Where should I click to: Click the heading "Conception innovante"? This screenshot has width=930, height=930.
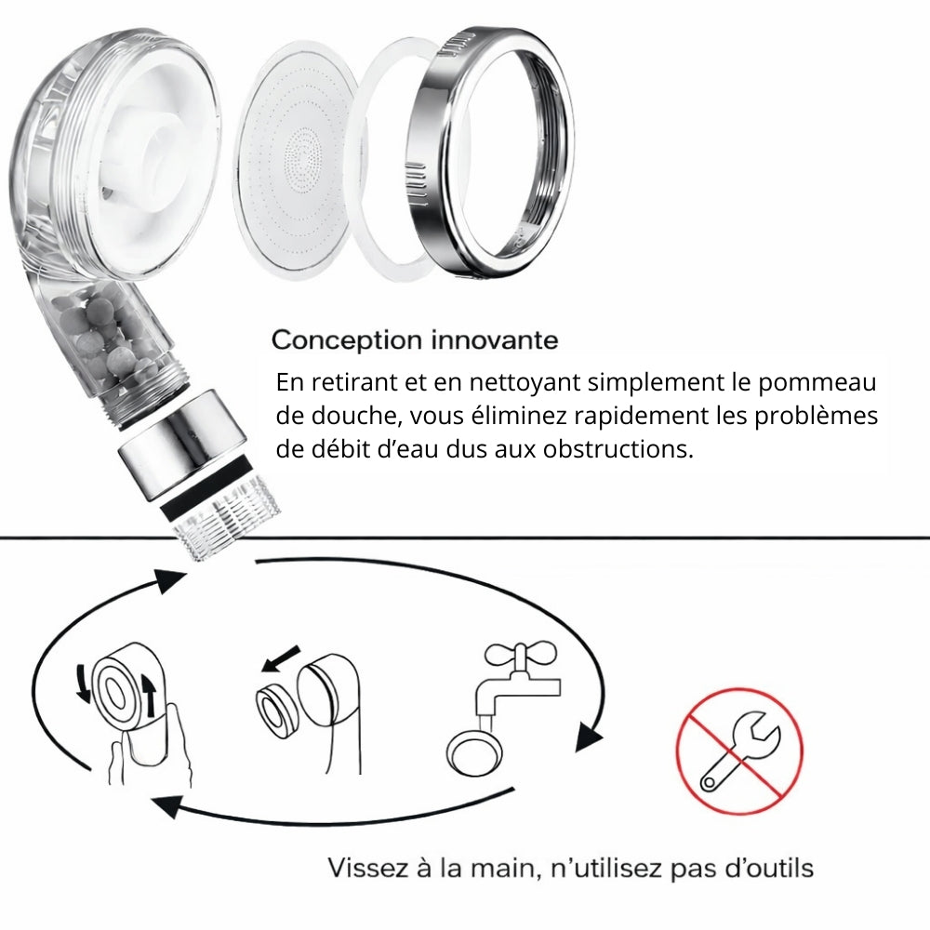415,339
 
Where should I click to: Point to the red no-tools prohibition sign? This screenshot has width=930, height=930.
739,752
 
